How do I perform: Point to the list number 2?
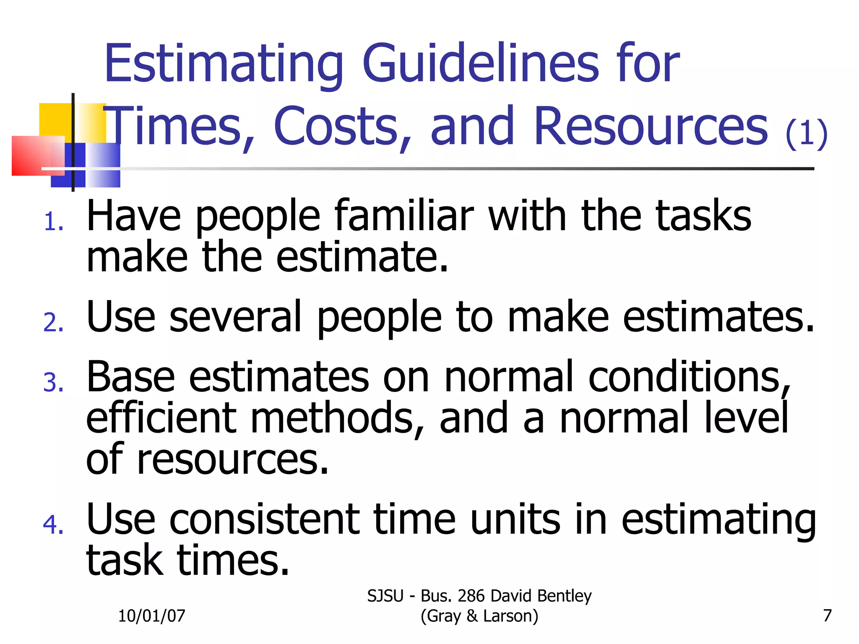pos(53,322)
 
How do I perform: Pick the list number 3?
pos(53,383)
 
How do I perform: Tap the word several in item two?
pos(235,317)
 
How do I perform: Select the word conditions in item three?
pos(689,377)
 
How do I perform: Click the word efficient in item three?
pos(161,418)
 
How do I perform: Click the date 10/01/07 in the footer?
pos(151,615)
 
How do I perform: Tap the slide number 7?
pos(827,615)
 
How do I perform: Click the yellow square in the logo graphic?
pos(55,119)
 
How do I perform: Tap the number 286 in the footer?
pos(471,596)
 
